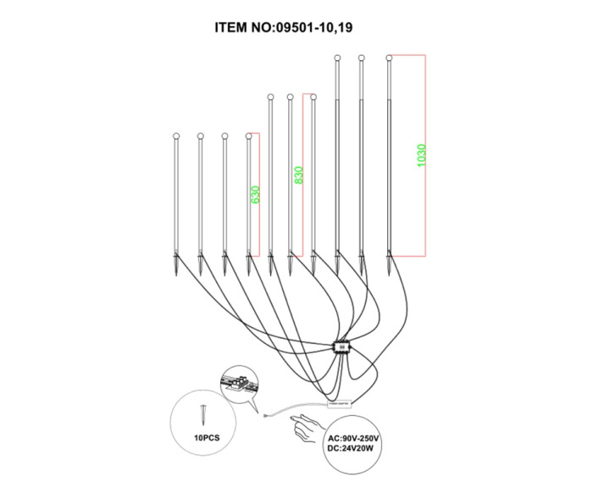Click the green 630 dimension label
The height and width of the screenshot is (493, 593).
click(255, 194)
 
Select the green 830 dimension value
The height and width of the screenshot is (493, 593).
click(298, 175)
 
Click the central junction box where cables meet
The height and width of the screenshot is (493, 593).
click(342, 347)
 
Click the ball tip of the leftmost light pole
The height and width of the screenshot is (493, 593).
click(176, 136)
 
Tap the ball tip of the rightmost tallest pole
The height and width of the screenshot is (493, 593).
click(389, 58)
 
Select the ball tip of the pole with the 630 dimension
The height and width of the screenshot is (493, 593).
click(248, 136)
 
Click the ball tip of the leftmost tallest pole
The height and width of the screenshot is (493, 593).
click(338, 58)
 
